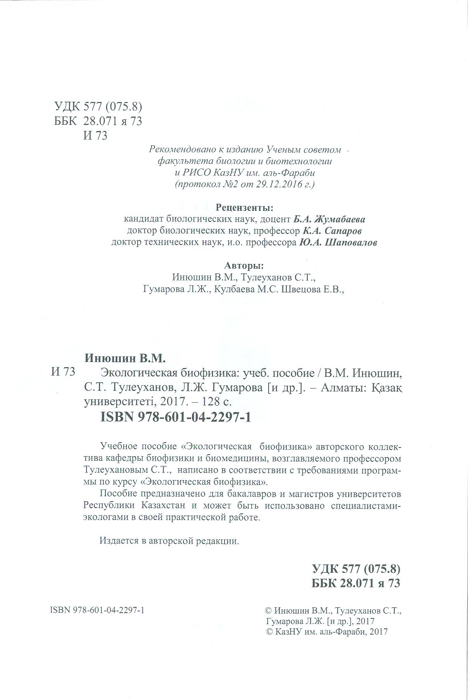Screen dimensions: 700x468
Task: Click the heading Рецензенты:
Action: pyautogui.click(x=244, y=207)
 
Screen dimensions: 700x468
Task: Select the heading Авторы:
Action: pyautogui.click(x=244, y=265)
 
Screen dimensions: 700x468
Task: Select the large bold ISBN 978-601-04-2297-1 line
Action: pyautogui.click(x=175, y=417)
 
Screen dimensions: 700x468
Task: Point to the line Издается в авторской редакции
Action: pyautogui.click(x=169, y=541)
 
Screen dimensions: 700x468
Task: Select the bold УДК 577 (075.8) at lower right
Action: pyautogui.click(x=356, y=569)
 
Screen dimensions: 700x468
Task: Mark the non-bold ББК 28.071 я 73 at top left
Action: pyautogui.click(x=98, y=121)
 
